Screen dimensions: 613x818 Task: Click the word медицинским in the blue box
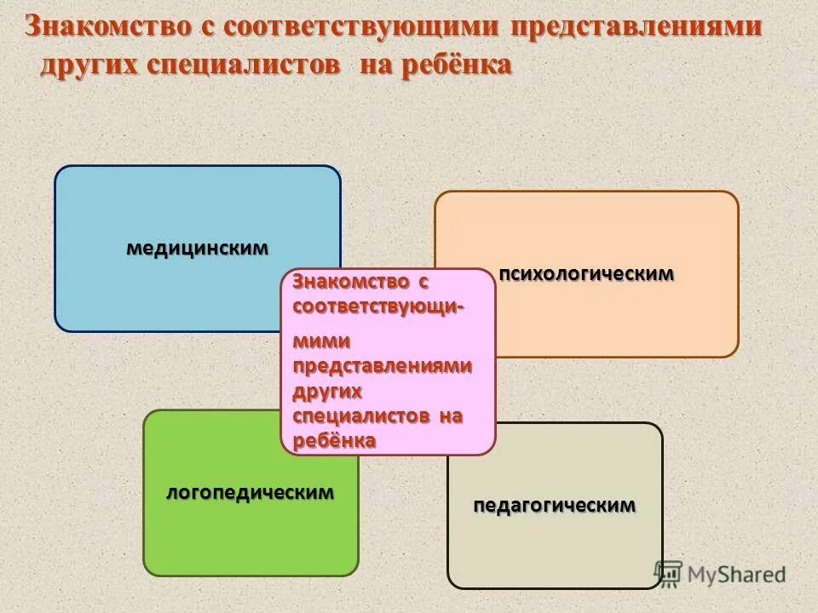pos(198,249)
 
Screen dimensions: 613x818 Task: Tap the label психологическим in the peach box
pos(586,274)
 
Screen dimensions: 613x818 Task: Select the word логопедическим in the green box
pos(250,492)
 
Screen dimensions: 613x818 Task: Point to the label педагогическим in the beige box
pos(555,505)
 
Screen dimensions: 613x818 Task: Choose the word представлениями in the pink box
pos(382,364)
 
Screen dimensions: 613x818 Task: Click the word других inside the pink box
pos(327,390)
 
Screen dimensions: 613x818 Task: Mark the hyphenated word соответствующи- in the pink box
pos(378,306)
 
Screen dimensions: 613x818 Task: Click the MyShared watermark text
pos(738,575)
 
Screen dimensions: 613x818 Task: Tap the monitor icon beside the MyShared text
pos(670,573)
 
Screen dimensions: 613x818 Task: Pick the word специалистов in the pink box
pos(360,415)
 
